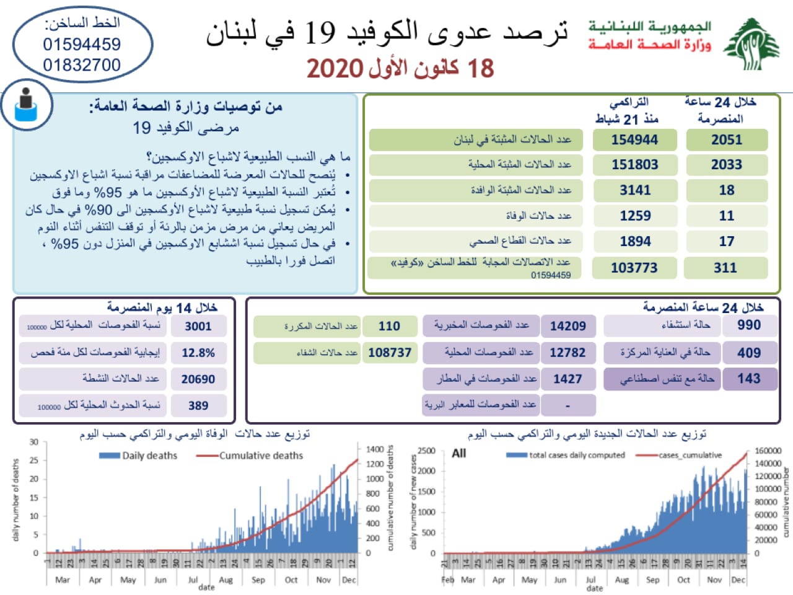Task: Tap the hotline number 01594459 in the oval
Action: (82, 45)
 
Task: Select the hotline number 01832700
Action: (82, 64)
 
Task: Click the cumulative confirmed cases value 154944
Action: (634, 140)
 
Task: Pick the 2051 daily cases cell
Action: (727, 140)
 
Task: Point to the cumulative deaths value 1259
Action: (635, 216)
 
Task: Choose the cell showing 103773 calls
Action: (634, 268)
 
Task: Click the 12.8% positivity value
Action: (198, 353)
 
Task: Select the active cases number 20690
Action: (198, 379)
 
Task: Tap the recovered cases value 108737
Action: (390, 353)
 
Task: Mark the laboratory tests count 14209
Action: (567, 326)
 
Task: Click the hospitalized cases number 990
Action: (748, 325)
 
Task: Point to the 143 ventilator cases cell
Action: (748, 378)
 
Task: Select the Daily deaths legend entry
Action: (139, 456)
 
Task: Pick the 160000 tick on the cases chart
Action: (768, 451)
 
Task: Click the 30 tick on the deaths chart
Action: (33, 442)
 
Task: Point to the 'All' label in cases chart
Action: (459, 453)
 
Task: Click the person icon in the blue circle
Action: (25, 105)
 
